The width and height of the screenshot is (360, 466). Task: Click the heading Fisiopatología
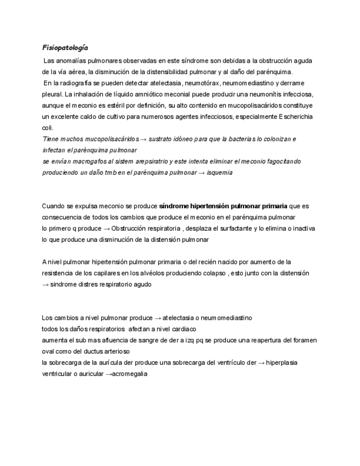click(65, 48)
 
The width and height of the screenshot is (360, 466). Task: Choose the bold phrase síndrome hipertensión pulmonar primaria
click(223, 206)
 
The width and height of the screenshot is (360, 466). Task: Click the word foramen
click(304, 340)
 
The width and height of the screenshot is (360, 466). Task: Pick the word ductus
click(91, 351)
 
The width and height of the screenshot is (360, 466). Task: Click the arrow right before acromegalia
click(108, 374)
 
